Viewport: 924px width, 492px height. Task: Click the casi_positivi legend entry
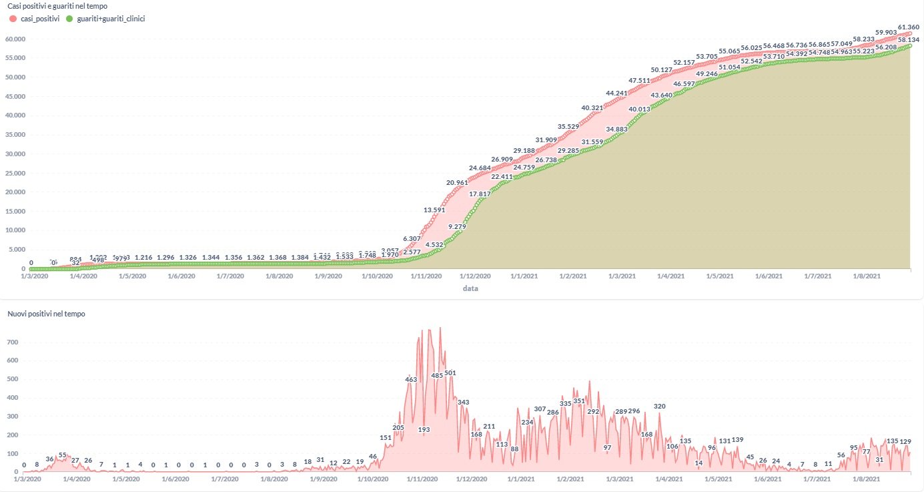[x=35, y=19]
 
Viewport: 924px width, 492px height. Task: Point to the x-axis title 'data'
[x=471, y=288]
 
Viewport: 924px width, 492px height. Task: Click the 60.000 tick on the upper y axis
[x=14, y=39]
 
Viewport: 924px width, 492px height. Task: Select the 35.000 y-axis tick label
[x=14, y=134]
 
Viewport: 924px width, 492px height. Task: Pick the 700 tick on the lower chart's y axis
[x=13, y=342]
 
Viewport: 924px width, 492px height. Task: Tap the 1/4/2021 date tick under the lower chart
[x=669, y=479]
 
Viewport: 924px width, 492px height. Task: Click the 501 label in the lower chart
[x=450, y=373]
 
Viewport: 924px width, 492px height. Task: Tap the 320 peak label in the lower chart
[x=659, y=406]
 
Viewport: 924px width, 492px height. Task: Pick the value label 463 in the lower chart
[x=410, y=379]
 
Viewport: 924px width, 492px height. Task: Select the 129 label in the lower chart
[x=905, y=441]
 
